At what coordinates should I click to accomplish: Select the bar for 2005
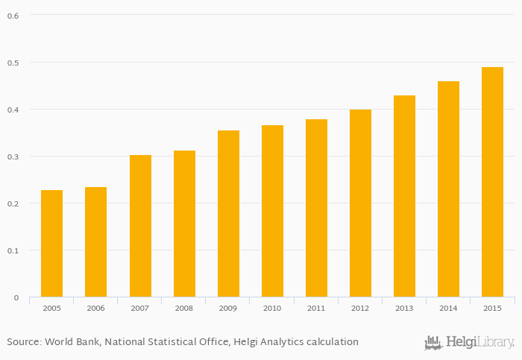click(x=51, y=244)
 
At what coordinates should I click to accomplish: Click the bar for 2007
click(x=140, y=226)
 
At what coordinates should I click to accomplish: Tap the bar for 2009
click(x=228, y=214)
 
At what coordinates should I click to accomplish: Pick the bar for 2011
click(x=316, y=208)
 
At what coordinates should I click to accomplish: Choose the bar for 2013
click(x=404, y=196)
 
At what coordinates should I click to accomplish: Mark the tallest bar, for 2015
click(x=492, y=182)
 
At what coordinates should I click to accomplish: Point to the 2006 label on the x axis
click(x=95, y=309)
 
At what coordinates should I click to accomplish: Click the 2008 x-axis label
click(x=184, y=309)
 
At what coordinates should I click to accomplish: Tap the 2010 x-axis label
click(x=272, y=309)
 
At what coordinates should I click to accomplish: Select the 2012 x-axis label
click(x=360, y=309)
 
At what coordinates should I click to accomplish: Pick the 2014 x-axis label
click(x=448, y=309)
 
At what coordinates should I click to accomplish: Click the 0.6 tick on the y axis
click(x=13, y=16)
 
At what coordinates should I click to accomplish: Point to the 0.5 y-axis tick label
click(x=13, y=63)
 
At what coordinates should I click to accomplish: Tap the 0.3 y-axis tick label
click(x=13, y=157)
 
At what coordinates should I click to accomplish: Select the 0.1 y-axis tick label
click(x=13, y=250)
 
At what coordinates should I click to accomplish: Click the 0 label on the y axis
click(x=16, y=297)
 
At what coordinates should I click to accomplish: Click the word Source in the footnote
click(x=23, y=342)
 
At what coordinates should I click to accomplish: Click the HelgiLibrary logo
click(x=469, y=342)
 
